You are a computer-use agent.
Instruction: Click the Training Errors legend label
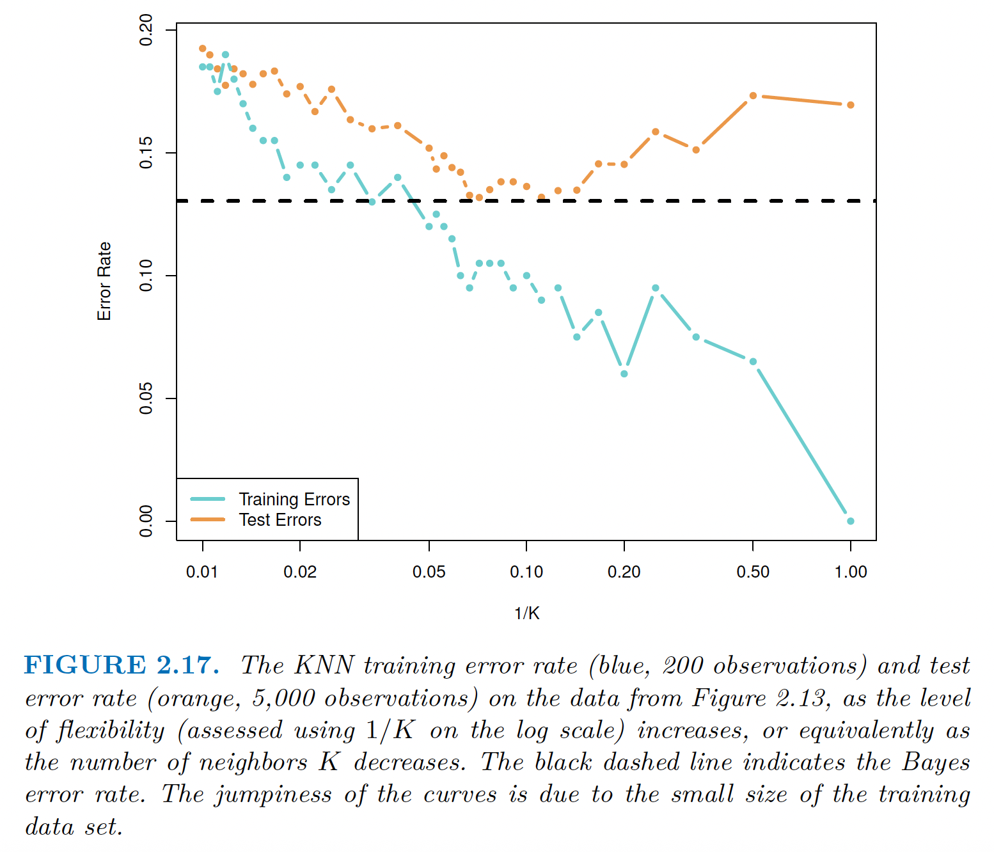pyautogui.click(x=294, y=499)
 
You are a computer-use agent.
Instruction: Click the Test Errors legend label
pyautogui.click(x=280, y=520)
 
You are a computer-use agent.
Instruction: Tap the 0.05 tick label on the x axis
pyautogui.click(x=429, y=572)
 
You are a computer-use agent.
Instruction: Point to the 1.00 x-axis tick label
pyautogui.click(x=851, y=572)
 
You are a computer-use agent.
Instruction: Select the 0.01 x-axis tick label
pyautogui.click(x=202, y=572)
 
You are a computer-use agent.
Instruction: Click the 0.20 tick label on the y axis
pyautogui.click(x=146, y=30)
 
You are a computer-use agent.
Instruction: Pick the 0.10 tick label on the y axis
pyautogui.click(x=146, y=276)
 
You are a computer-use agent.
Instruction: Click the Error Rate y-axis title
pyautogui.click(x=104, y=281)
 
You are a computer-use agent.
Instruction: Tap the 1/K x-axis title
pyautogui.click(x=526, y=613)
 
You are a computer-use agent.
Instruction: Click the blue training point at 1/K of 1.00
pyautogui.click(x=851, y=521)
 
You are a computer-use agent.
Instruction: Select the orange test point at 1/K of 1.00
pyautogui.click(x=851, y=105)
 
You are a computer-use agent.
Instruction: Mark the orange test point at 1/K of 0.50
pyautogui.click(x=753, y=96)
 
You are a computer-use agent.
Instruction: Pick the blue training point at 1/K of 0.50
pyautogui.click(x=753, y=362)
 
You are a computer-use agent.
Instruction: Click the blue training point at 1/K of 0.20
pyautogui.click(x=624, y=374)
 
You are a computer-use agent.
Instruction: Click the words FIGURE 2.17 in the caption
pyautogui.click(x=122, y=665)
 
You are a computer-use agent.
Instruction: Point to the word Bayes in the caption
pyautogui.click(x=936, y=762)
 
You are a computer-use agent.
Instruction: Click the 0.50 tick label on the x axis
pyautogui.click(x=753, y=572)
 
